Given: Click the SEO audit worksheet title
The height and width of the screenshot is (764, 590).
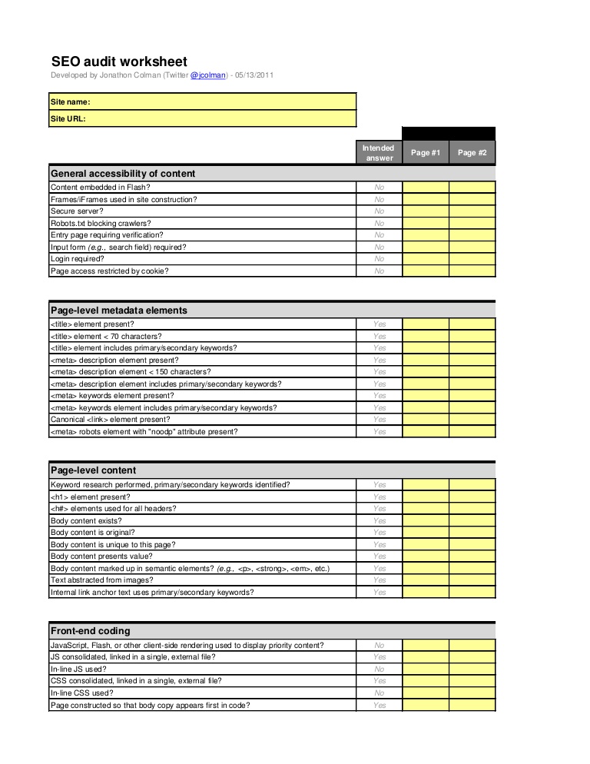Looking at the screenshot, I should [x=119, y=61].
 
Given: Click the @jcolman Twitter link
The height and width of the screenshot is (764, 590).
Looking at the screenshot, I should [x=208, y=76].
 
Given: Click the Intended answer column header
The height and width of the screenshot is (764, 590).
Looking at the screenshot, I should [x=379, y=153].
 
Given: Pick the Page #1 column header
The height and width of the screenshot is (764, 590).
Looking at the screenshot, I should [x=426, y=153].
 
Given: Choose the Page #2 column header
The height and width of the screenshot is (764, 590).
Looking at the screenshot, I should [x=472, y=153].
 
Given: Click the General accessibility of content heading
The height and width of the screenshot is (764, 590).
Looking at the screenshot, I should [x=123, y=174].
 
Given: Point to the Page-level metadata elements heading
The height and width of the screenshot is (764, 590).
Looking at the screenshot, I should [x=119, y=311].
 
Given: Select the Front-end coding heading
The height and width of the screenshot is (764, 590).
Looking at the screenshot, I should [x=91, y=631].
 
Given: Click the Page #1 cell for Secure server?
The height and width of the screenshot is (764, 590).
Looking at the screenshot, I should [x=426, y=211].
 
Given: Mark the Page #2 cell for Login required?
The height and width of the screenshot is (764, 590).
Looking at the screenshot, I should [x=472, y=259].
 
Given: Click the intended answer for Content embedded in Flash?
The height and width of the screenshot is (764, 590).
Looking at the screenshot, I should [x=379, y=188].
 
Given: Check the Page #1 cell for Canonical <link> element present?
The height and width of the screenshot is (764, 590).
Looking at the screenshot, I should [x=426, y=420].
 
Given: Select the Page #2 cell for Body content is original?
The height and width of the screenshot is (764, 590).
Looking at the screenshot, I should [x=472, y=533].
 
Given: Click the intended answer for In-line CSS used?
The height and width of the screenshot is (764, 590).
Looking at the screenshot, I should [x=379, y=693].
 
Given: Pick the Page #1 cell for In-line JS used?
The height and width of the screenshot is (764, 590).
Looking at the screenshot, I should [x=426, y=669].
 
